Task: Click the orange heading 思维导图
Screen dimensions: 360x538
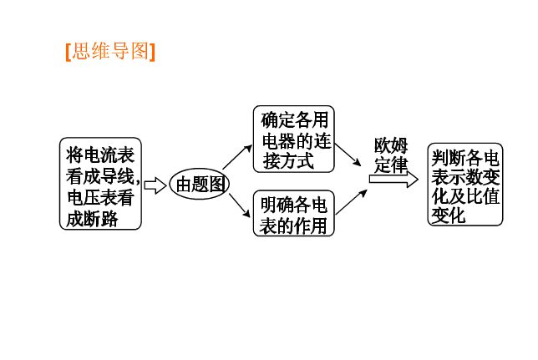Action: click(111, 52)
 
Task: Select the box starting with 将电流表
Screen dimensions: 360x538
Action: click(100, 184)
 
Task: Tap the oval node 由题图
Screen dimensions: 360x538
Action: click(199, 185)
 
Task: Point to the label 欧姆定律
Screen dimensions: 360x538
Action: click(391, 155)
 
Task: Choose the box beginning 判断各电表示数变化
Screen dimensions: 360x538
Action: click(465, 184)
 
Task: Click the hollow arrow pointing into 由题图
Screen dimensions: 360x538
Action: click(155, 185)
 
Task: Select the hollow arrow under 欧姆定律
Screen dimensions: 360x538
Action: click(393, 179)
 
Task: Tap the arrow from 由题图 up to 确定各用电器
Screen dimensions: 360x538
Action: click(237, 156)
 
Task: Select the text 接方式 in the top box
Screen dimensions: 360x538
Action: click(287, 160)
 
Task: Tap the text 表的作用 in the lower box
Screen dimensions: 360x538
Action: click(292, 226)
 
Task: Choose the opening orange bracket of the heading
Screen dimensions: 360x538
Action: click(67, 52)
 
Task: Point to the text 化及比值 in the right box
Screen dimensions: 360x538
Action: click(465, 196)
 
